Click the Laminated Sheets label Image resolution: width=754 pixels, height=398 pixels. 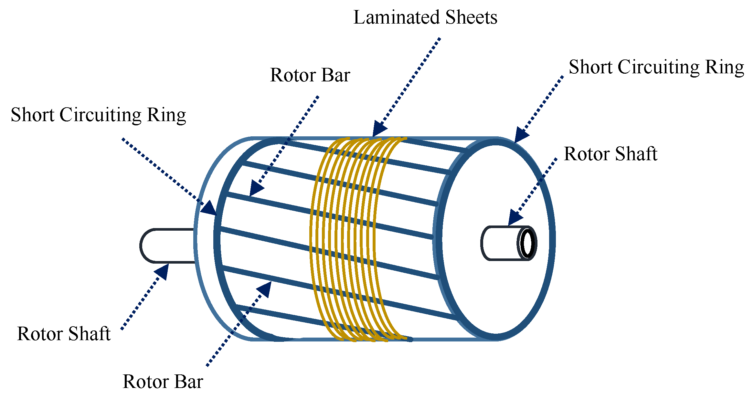(x=425, y=17)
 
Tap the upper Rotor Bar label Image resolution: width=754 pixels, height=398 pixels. (x=310, y=75)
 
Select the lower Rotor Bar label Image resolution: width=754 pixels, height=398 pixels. (x=163, y=382)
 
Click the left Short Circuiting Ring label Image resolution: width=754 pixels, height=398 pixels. (x=98, y=115)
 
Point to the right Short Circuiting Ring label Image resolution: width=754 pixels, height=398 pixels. (x=656, y=67)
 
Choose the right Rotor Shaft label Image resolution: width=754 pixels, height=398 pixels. (x=610, y=154)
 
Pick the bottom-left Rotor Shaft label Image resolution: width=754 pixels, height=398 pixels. (x=64, y=334)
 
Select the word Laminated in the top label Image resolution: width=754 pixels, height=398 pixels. (x=397, y=17)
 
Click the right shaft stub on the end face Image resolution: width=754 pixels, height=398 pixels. (x=501, y=243)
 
